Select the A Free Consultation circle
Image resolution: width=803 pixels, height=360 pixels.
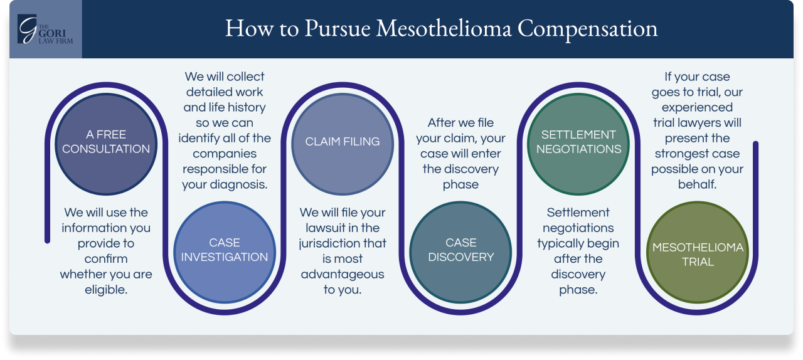click(106, 142)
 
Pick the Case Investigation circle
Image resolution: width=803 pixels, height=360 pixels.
click(224, 250)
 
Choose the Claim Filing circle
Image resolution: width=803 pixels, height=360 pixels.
click(342, 142)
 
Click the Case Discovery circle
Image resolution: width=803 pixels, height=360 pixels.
click(460, 250)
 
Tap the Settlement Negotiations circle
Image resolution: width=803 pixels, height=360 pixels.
click(578, 142)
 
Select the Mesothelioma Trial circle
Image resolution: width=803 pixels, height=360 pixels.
click(698, 255)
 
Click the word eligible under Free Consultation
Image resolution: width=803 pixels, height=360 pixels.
click(106, 290)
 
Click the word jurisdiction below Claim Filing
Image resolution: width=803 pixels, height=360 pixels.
click(343, 243)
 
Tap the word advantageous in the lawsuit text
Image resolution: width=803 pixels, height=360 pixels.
click(343, 274)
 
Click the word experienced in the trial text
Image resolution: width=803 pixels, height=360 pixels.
click(697, 107)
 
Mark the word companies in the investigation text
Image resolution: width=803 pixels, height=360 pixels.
click(224, 154)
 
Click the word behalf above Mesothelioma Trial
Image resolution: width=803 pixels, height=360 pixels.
click(697, 185)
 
